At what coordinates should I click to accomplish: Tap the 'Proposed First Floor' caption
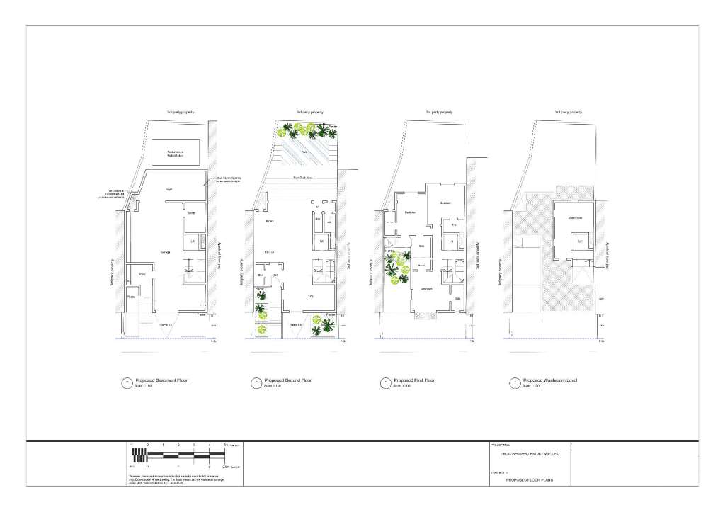pos(414,380)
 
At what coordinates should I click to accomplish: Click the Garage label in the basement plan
pos(166,251)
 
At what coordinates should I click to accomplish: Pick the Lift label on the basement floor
pos(193,242)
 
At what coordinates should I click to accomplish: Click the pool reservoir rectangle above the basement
pos(175,151)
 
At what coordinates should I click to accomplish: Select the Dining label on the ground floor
pos(270,221)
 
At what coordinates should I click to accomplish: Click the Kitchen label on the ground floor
pos(270,251)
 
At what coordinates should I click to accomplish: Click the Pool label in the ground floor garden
pos(304,151)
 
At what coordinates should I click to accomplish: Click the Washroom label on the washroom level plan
pos(575,217)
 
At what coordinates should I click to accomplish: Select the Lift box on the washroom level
pos(579,241)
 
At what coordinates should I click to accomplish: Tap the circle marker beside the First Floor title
pos(384,382)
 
